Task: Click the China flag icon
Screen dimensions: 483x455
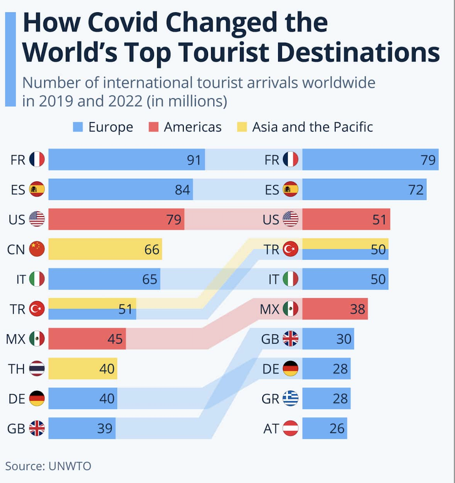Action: coord(37,249)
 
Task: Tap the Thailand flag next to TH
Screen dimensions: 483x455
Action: coord(37,369)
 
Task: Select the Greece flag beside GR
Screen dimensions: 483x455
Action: coord(291,399)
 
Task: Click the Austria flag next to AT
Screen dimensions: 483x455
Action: coord(291,428)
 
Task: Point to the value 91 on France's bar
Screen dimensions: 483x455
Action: coord(194,160)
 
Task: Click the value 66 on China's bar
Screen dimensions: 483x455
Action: coord(152,249)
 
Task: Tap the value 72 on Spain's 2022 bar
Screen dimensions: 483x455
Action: coord(416,189)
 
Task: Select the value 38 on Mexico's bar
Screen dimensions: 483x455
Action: coord(358,309)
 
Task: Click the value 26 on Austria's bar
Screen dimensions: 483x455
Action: coord(337,429)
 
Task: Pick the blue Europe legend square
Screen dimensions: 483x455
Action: coord(78,127)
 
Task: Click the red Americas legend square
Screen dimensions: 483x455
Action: coord(153,127)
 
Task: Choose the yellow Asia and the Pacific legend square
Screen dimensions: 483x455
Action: coord(242,127)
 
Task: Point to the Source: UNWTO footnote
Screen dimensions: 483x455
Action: coord(48,466)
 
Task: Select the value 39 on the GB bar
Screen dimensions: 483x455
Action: coord(105,429)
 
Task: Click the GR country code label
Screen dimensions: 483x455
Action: coord(270,399)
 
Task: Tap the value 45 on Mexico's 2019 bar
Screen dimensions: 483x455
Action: coord(115,339)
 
